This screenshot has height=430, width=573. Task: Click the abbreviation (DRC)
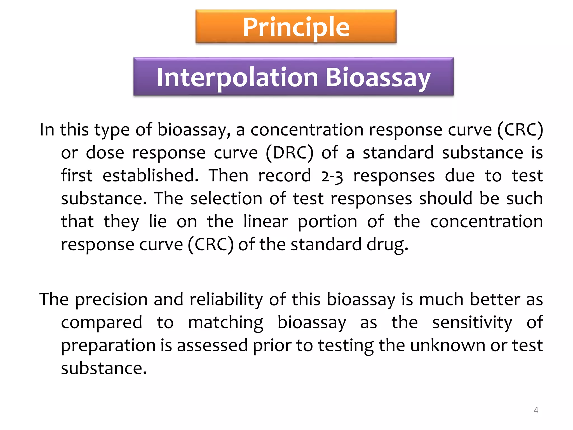289,153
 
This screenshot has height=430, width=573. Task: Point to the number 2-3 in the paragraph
332,176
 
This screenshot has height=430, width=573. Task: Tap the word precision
111,300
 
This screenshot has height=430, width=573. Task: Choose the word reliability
226,300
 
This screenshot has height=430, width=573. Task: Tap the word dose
105,153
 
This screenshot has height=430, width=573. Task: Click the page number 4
536,410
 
